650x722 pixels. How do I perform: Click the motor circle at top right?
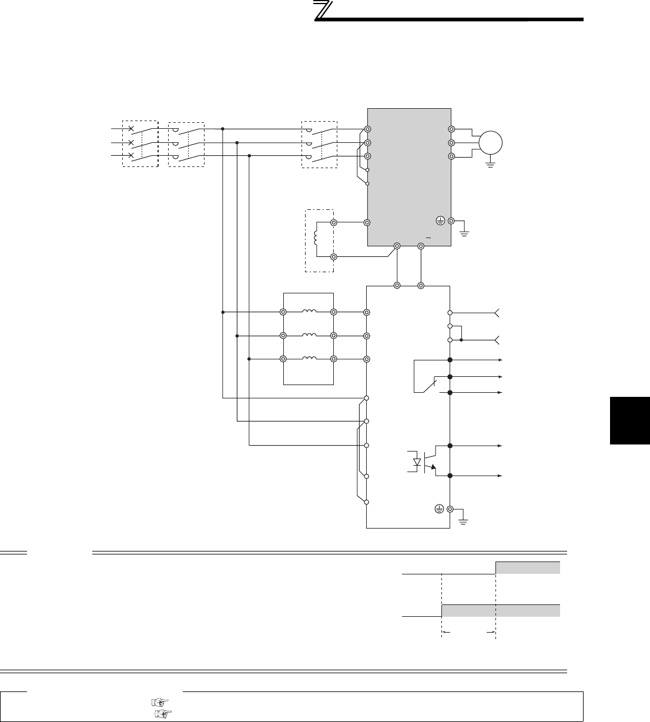click(491, 142)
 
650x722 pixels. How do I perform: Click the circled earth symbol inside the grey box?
click(440, 221)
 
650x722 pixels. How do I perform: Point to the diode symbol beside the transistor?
click(417, 462)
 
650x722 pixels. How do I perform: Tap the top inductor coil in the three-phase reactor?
click(309, 312)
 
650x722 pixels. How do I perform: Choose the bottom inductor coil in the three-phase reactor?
click(309, 359)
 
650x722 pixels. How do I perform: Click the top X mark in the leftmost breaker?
click(131, 128)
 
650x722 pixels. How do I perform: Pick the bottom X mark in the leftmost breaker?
click(131, 156)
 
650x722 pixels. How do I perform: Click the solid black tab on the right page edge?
click(629, 420)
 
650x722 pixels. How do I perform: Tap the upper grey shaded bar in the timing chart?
click(527, 567)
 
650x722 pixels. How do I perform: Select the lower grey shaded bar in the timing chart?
click(500, 610)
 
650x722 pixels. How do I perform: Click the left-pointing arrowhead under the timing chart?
click(445, 633)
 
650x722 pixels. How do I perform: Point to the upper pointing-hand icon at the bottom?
click(159, 701)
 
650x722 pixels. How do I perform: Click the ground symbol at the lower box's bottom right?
click(464, 520)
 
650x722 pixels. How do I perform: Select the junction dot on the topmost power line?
click(223, 129)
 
